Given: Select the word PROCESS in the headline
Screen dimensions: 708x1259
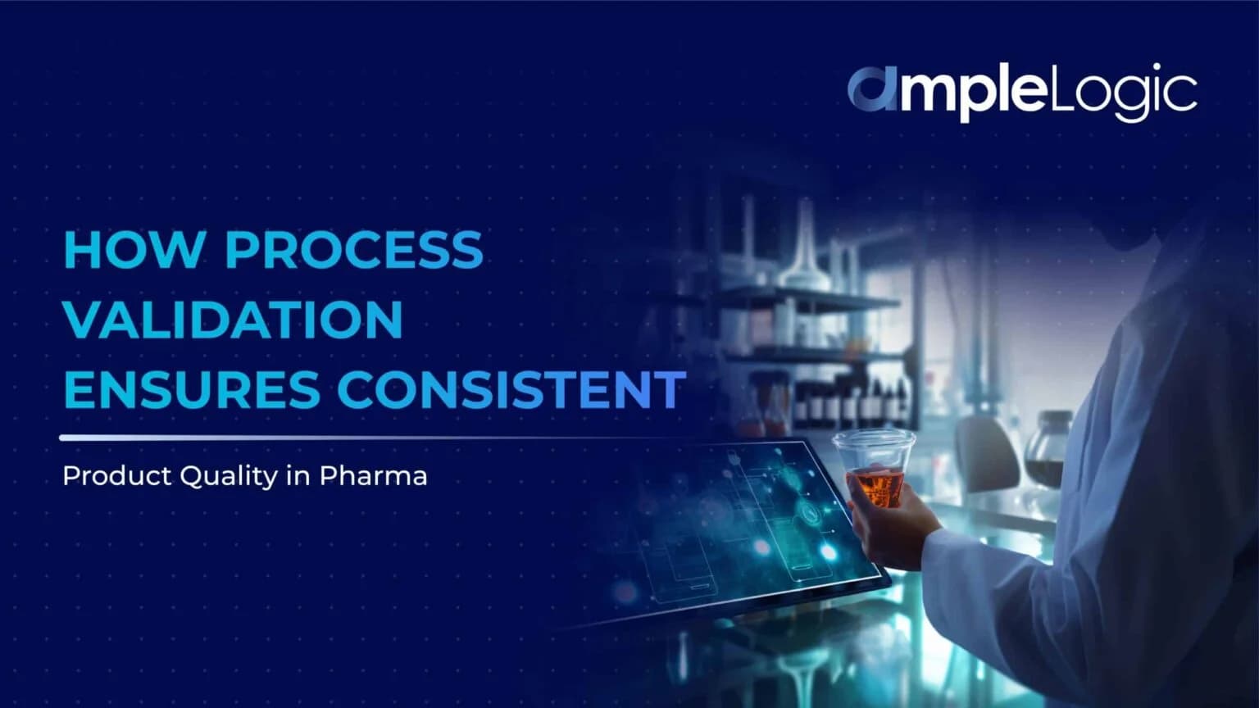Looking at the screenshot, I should click(x=354, y=250).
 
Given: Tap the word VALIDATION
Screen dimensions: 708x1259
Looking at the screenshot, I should click(x=233, y=320).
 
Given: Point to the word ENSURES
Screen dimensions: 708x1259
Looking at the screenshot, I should click(x=192, y=389).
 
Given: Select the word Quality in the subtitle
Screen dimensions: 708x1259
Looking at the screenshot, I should click(x=229, y=477).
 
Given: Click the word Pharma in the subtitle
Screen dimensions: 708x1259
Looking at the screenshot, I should click(x=373, y=476).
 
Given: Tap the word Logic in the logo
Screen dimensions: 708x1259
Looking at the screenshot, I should click(x=1122, y=91).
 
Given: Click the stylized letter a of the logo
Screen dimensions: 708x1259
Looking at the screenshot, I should click(x=872, y=89).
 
